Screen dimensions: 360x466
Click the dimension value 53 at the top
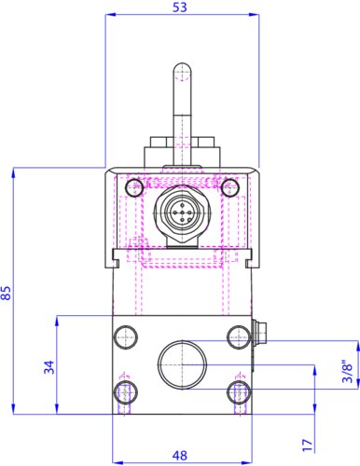click(180, 7)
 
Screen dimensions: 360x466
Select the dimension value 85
click(7, 293)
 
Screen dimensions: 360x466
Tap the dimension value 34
click(48, 367)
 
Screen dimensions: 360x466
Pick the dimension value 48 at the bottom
click(180, 456)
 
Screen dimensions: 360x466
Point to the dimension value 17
click(307, 445)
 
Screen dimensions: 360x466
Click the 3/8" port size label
click(347, 371)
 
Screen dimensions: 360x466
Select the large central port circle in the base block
click(182, 364)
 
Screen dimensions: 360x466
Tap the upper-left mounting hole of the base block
click(126, 337)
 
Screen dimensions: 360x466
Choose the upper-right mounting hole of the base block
click(239, 337)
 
